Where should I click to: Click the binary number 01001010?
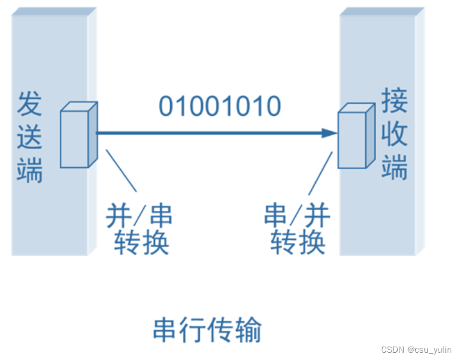click(x=220, y=107)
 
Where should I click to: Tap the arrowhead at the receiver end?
click(x=330, y=133)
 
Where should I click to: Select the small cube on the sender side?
click(x=78, y=135)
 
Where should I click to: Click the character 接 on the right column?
click(x=395, y=100)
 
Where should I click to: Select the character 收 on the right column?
click(x=395, y=133)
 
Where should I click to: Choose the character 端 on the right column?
click(x=395, y=167)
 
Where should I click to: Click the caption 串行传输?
click(x=207, y=330)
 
